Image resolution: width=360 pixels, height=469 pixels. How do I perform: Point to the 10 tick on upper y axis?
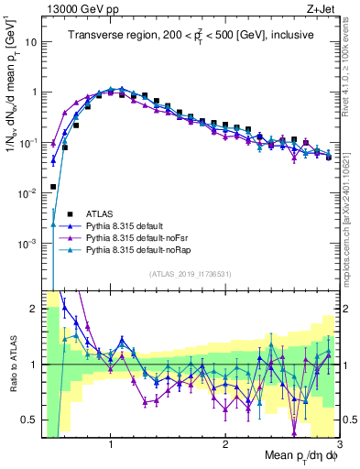pos(33,42)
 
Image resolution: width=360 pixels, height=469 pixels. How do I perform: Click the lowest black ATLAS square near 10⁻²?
pos(53,186)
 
